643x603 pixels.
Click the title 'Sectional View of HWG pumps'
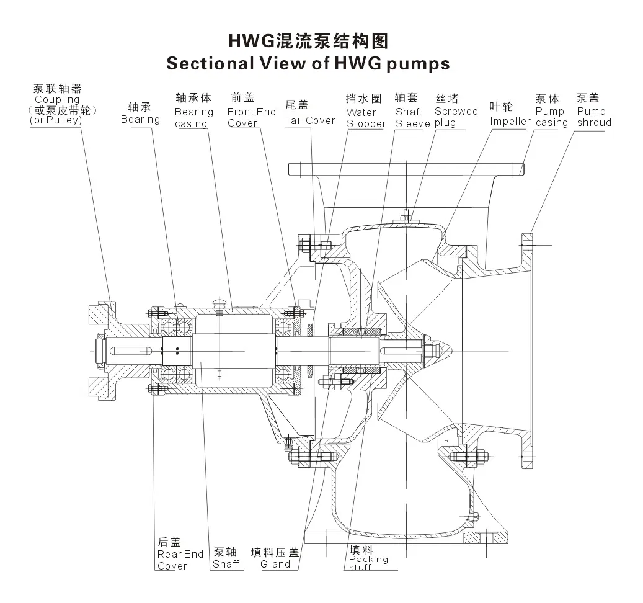pyautogui.click(x=308, y=64)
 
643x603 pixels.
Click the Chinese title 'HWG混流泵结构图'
pyautogui.click(x=308, y=42)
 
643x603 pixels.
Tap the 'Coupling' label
pyautogui.click(x=57, y=99)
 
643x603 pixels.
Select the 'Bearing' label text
pyautogui.click(x=140, y=119)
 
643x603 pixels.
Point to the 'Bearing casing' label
pyautogui.click(x=193, y=118)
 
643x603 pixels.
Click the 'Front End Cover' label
pyautogui.click(x=251, y=117)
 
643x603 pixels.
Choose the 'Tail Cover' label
pyautogui.click(x=310, y=120)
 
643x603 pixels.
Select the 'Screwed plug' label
pyautogui.click(x=456, y=117)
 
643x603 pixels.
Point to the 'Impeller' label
pyautogui.click(x=510, y=121)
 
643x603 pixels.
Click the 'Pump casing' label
pyautogui.click(x=551, y=117)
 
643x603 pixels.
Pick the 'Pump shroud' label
pyautogui.click(x=593, y=117)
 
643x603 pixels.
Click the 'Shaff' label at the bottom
pyautogui.click(x=226, y=565)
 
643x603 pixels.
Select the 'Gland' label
pyautogui.click(x=275, y=564)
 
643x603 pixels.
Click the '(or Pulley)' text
pyautogui.click(x=55, y=120)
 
